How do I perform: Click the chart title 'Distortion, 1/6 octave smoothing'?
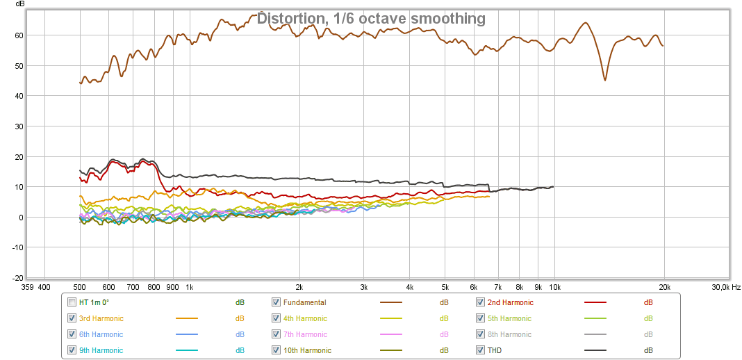point(371,19)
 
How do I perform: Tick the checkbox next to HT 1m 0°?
point(72,302)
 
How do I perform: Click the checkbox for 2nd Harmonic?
point(481,302)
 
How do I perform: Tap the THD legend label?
point(494,350)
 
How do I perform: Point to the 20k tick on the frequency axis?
point(664,286)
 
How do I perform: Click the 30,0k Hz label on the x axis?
point(725,286)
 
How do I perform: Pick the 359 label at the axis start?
point(27,286)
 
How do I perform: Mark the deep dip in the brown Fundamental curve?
point(605,80)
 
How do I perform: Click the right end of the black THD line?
point(554,186)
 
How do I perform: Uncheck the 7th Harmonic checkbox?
point(277,334)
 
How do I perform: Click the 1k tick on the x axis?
point(190,286)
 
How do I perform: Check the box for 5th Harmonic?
point(481,318)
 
